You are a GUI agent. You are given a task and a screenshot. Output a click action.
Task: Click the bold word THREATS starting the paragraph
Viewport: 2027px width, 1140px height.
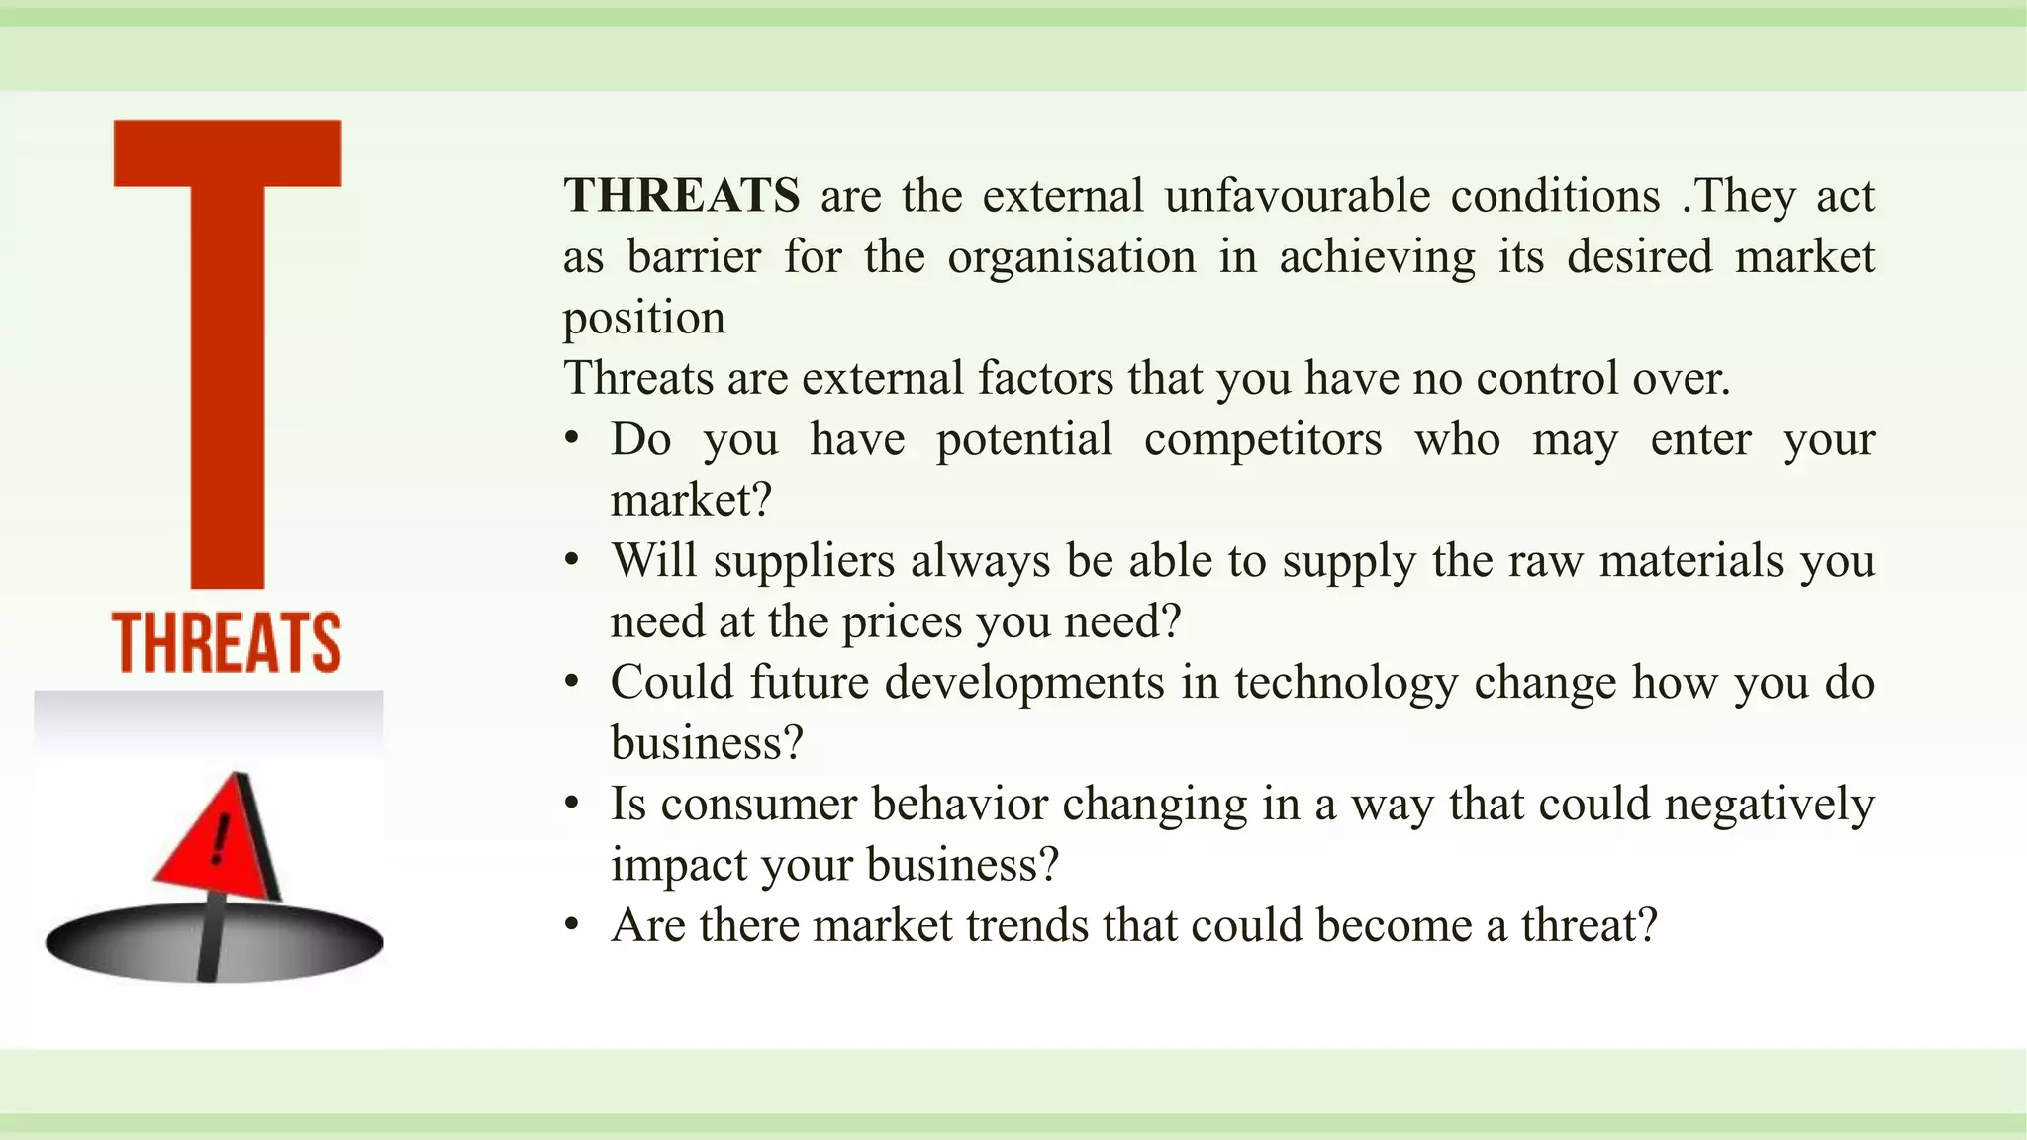pos(681,196)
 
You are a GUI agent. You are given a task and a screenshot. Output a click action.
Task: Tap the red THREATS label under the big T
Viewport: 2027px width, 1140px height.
pos(227,643)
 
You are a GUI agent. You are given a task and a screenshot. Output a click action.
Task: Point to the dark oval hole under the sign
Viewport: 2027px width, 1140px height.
pos(214,941)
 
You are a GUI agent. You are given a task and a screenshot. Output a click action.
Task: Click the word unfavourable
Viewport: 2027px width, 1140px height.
pos(1297,196)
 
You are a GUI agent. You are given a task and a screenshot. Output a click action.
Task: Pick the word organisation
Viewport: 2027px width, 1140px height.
pos(1071,257)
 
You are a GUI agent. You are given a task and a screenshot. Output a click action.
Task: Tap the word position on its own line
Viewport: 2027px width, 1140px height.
pos(644,319)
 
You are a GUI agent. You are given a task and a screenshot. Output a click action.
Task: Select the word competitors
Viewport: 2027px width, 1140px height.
pos(1263,439)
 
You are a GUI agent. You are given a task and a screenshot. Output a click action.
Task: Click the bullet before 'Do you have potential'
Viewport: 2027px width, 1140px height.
pos(571,439)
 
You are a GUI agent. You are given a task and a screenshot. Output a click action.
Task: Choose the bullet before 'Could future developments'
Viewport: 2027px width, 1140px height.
pos(571,683)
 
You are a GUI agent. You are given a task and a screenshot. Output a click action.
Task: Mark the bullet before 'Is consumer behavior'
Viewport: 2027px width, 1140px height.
pos(571,804)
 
